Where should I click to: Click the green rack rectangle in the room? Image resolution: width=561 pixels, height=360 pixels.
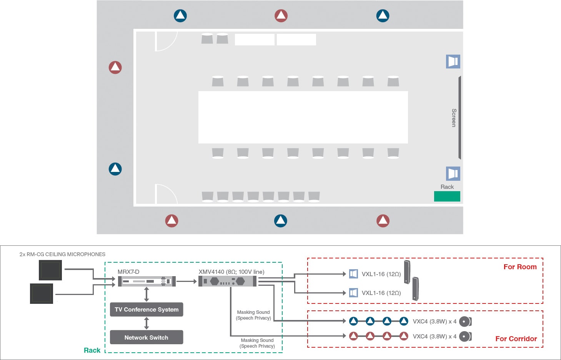(447, 196)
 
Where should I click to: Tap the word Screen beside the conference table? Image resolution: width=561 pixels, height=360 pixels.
(454, 118)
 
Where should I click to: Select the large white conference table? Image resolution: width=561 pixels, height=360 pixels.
(303, 117)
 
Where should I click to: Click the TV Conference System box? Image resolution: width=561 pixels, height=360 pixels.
(146, 310)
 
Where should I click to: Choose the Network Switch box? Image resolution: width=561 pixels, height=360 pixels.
(146, 337)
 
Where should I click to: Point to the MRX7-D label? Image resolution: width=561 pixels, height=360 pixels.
(128, 272)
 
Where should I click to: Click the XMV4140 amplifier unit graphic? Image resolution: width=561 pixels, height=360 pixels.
(228, 282)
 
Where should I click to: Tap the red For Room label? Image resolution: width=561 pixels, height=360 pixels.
(520, 267)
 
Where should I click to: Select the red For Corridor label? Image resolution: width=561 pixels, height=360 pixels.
(516, 339)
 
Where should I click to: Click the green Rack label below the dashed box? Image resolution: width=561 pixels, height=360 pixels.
(92, 350)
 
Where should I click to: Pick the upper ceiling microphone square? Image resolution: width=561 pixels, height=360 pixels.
(50, 270)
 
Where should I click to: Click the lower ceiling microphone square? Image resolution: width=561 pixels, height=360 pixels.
(42, 293)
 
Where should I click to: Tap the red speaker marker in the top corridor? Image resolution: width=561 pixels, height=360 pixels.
(281, 16)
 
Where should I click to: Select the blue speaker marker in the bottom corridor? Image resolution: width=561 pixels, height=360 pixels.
(281, 221)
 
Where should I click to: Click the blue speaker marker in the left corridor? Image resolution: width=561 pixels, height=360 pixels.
(115, 169)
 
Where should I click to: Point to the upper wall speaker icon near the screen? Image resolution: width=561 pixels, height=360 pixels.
(453, 62)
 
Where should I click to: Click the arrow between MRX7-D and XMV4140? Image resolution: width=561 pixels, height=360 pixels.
(187, 282)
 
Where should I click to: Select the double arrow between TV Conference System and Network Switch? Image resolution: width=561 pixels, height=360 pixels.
(146, 323)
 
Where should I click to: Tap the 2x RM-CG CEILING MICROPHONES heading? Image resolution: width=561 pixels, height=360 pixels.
(62, 254)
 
